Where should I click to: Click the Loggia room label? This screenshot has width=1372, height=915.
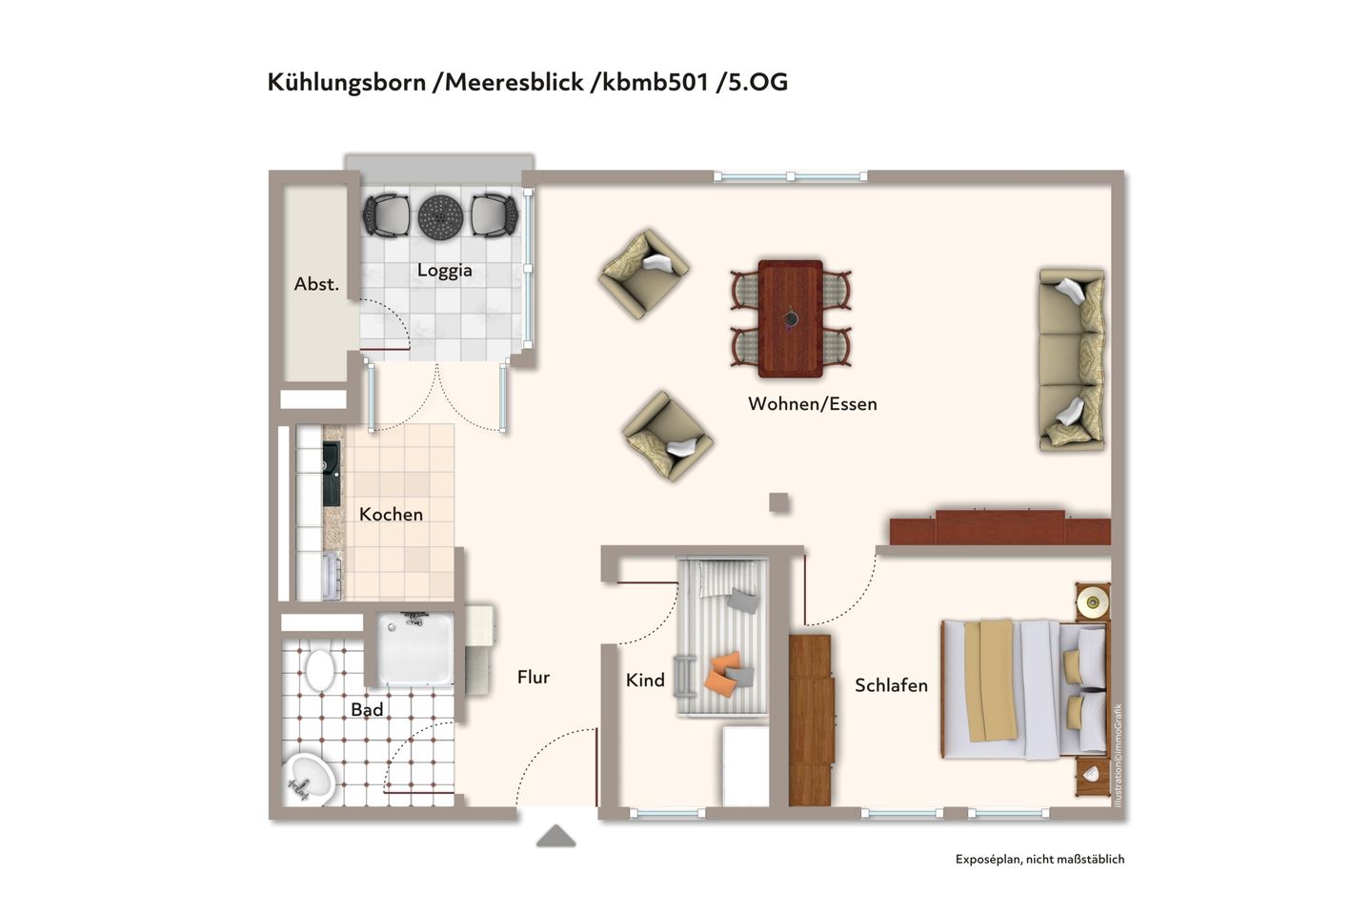(x=444, y=271)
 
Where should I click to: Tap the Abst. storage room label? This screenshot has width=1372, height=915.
(x=316, y=284)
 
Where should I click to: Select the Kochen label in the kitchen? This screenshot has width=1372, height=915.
(x=391, y=515)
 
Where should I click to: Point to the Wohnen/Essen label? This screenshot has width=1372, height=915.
(x=812, y=404)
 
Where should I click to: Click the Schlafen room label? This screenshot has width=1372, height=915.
(x=891, y=685)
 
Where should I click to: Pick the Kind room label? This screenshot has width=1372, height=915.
(x=645, y=681)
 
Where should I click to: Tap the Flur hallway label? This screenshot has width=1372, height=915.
(x=534, y=678)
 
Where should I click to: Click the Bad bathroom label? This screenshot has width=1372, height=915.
(x=367, y=710)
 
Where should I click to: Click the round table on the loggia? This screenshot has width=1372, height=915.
(x=440, y=216)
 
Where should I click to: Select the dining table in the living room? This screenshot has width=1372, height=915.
(x=790, y=318)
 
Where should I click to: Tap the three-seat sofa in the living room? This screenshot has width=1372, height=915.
(x=1072, y=359)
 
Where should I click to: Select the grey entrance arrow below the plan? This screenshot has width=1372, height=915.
(x=555, y=837)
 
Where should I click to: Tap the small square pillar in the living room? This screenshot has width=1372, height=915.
(x=779, y=502)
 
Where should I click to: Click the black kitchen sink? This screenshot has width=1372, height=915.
(x=332, y=474)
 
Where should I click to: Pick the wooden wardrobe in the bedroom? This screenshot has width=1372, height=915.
(x=810, y=720)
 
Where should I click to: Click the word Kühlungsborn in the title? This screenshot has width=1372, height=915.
(x=346, y=83)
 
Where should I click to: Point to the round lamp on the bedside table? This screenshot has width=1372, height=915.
(x=1092, y=600)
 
